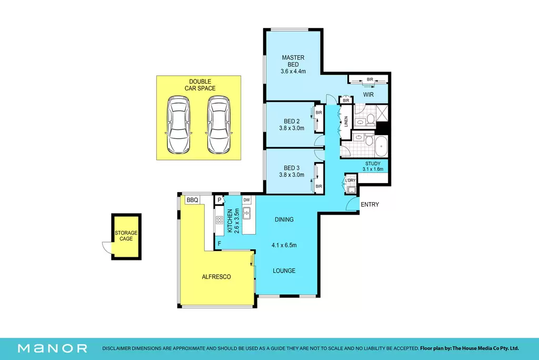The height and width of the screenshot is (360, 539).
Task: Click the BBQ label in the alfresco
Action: [192, 200]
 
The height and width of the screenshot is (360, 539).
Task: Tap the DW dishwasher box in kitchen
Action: [246, 200]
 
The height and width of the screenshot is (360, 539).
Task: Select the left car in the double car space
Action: [178, 125]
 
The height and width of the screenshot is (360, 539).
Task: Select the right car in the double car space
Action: [218, 125]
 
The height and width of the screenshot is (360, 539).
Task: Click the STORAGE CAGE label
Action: [126, 236]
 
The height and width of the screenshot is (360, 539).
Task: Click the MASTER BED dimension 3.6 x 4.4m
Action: [293, 72]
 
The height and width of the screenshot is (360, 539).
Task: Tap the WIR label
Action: [368, 95]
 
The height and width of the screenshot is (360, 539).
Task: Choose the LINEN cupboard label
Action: [346, 122]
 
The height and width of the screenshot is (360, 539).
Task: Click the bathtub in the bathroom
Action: [381, 146]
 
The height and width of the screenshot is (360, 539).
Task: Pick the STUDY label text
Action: [373, 164]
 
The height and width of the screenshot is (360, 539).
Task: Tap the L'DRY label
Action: [350, 181]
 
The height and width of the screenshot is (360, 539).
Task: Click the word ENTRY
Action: [370, 205]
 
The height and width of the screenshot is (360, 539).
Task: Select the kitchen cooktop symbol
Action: [219, 221]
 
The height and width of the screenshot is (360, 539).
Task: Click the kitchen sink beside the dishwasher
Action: [246, 213]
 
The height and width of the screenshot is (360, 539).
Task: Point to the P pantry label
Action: [219, 200]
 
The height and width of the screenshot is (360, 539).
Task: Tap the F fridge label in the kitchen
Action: [219, 244]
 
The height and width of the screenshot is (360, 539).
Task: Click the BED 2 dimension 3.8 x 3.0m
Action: [292, 128]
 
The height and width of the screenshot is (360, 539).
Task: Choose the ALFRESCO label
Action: [216, 277]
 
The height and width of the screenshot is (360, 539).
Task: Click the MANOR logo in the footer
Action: [53, 348]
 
